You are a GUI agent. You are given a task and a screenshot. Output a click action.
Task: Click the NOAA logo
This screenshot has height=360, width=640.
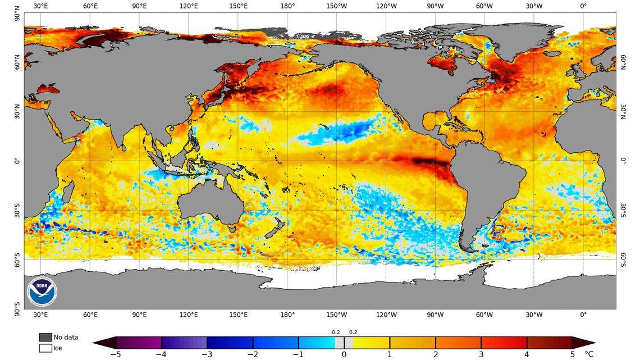(x=42, y=291)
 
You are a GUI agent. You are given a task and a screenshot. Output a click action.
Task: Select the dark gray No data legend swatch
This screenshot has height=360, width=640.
(x=45, y=338)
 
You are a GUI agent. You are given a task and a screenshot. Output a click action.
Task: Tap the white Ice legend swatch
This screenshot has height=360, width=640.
(x=45, y=348)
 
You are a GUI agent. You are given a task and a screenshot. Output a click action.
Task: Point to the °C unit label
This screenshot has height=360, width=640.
(x=589, y=354)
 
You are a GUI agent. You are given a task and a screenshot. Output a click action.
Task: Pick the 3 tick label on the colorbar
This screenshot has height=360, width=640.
(x=481, y=354)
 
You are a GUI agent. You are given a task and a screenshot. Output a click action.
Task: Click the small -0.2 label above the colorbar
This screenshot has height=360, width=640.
(x=335, y=332)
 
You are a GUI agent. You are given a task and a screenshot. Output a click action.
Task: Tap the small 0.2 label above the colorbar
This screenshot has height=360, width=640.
(x=353, y=332)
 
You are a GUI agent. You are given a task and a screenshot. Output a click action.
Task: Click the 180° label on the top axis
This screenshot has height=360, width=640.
(x=287, y=6)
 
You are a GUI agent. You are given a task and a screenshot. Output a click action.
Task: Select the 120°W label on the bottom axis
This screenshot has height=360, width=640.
(x=386, y=315)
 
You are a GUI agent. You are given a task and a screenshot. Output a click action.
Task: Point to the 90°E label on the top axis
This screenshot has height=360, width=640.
(x=139, y=6)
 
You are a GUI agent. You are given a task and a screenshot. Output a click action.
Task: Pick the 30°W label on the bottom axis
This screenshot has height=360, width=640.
(x=534, y=315)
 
